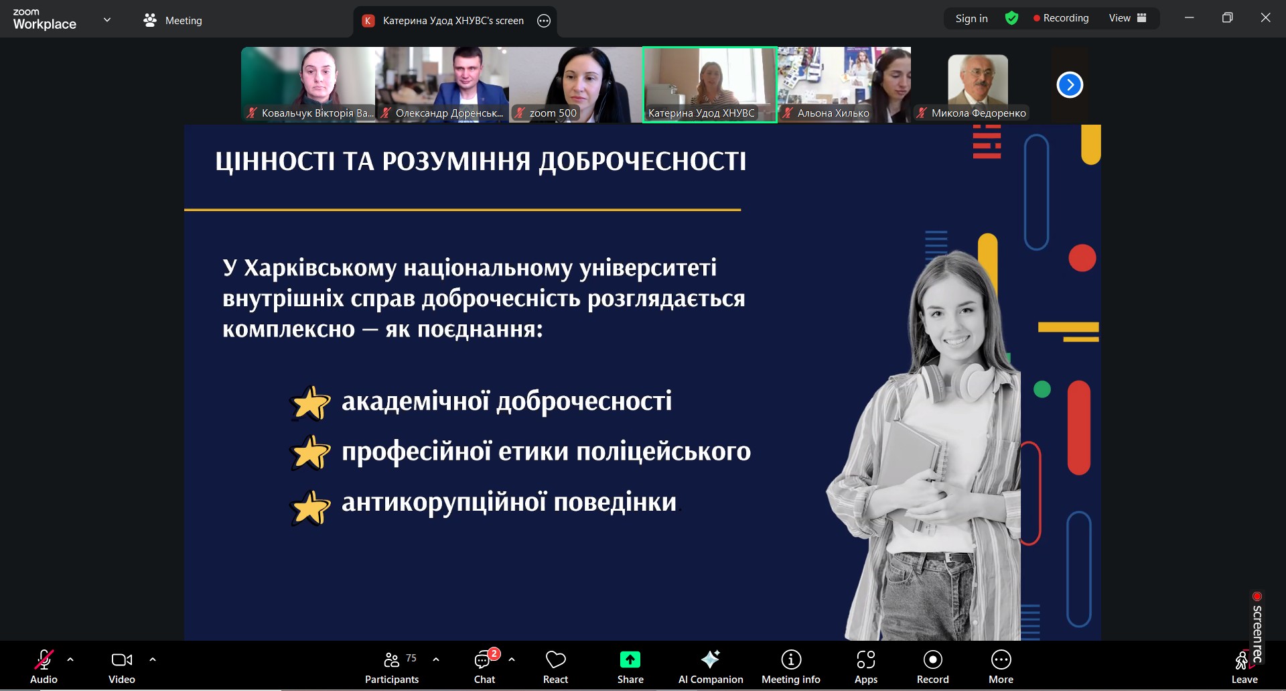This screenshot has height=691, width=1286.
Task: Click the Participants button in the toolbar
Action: pyautogui.click(x=392, y=668)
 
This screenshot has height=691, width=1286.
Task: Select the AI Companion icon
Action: pyautogui.click(x=710, y=659)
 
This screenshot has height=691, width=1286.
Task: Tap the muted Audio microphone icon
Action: pyautogui.click(x=44, y=659)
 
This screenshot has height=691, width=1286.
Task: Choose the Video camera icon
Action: pyautogui.click(x=122, y=659)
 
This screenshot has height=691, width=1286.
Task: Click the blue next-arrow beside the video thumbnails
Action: pyautogui.click(x=1070, y=84)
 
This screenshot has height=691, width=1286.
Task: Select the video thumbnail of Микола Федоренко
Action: pyautogui.click(x=978, y=84)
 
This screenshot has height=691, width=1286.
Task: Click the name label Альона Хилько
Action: pyautogui.click(x=833, y=113)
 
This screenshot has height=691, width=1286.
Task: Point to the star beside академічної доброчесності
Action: pyautogui.click(x=310, y=403)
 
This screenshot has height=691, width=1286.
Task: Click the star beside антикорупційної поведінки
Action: pyautogui.click(x=310, y=507)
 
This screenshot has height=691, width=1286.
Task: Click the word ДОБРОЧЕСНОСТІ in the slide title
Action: pyautogui.click(x=642, y=162)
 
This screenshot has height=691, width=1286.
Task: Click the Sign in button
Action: pyautogui.click(x=971, y=19)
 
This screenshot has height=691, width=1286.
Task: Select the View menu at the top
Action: pyautogui.click(x=1127, y=18)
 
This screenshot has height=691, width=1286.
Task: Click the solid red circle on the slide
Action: pyautogui.click(x=1082, y=258)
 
